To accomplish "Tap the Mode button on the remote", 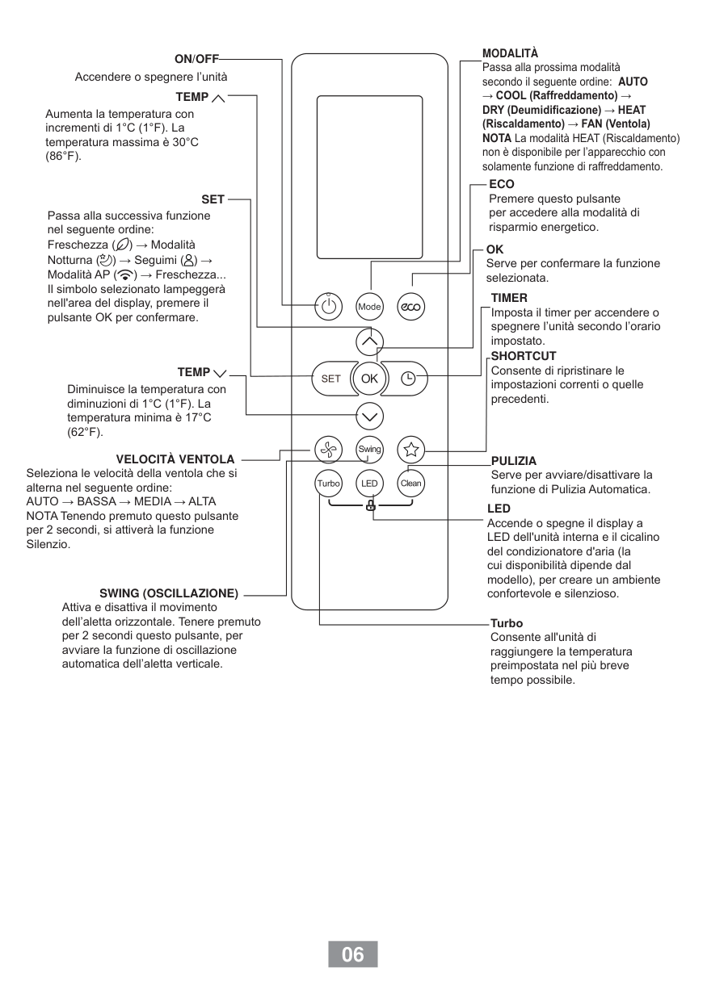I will coord(369,307).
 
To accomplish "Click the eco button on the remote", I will coord(410,307).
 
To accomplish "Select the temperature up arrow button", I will coord(369,342).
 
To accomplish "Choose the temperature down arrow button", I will coord(369,416).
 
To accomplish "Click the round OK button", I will coord(369,378).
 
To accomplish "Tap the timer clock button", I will coord(409,378).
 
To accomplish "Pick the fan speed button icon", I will coord(327,450).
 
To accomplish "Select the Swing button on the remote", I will coord(369,450).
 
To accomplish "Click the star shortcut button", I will coord(410,450).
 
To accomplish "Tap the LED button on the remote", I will coord(369,484).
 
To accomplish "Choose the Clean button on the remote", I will coord(410,484).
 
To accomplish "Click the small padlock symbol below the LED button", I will coord(370,506).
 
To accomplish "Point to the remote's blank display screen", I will coord(369,177).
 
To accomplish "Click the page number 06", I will coord(353,954).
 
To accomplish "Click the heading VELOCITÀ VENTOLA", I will coord(175,459).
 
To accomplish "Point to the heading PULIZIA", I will coord(514,461).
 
